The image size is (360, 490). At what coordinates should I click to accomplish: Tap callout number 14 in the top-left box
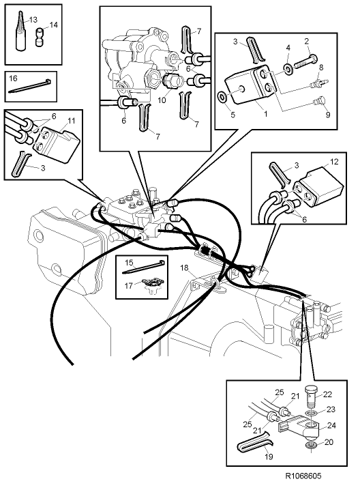[55, 25]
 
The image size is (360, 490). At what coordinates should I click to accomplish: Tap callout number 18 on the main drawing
[182, 268]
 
